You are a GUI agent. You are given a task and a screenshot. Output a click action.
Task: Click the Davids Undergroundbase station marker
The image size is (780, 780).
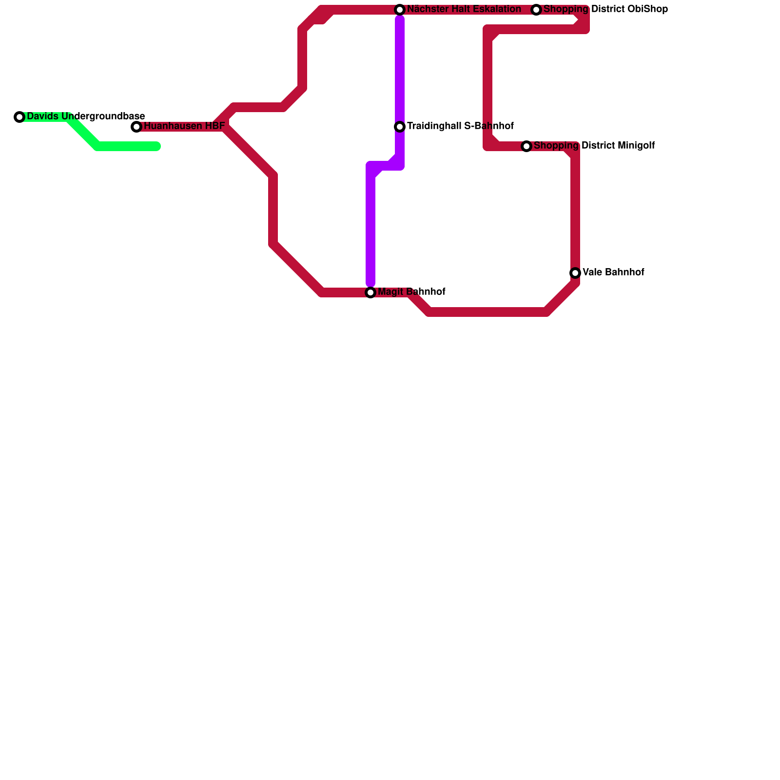point(19,117)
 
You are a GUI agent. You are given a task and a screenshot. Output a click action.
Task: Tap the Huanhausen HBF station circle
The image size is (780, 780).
point(136,127)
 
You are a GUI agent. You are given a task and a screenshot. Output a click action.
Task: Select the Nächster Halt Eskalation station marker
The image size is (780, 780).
point(400,10)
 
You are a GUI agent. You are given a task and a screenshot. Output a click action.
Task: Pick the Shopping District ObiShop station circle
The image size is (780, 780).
point(536,10)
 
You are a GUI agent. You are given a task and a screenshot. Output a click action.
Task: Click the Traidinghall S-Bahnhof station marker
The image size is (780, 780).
point(400,127)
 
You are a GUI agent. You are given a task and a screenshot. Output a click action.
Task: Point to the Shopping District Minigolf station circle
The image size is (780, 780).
point(526,146)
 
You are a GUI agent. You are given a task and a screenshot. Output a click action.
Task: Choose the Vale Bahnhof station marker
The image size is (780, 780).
point(575,273)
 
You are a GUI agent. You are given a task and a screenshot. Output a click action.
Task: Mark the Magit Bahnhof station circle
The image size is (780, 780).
point(370,292)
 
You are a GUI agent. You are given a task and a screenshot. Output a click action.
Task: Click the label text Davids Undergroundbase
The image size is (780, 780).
point(86,117)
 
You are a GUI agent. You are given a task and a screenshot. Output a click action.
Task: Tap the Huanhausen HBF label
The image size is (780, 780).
point(184,127)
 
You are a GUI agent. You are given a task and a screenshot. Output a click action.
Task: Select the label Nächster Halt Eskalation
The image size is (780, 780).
point(464,9)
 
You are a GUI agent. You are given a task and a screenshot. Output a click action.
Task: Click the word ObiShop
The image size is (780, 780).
point(648,9)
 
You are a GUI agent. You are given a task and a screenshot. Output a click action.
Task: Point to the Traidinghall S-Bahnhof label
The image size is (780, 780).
point(460,126)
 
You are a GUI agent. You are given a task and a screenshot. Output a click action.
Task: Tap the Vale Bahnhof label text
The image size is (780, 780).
point(613,273)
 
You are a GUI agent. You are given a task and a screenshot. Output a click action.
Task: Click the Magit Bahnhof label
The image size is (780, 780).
point(411,292)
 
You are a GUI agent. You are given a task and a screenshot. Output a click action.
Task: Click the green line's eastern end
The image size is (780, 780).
point(157,146)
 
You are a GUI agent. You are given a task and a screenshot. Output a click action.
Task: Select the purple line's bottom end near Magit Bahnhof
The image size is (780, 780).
point(370,283)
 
